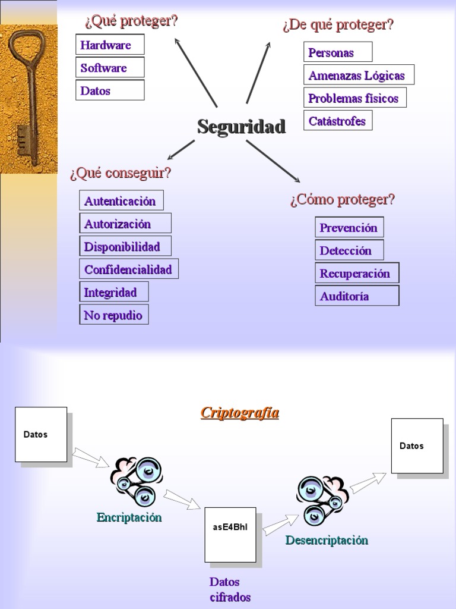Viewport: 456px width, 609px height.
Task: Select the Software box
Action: pyautogui.click(x=110, y=68)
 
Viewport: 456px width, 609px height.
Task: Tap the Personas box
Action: pyautogui.click(x=337, y=52)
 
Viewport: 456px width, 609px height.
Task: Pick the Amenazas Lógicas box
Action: pyautogui.click(x=358, y=75)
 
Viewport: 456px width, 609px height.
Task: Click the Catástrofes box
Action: pyautogui.click(x=338, y=121)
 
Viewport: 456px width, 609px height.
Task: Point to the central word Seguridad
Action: pyautogui.click(x=241, y=126)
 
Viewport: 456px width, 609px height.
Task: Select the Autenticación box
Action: pyautogui.click(x=121, y=200)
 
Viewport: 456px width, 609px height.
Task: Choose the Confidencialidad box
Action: pyautogui.click(x=129, y=269)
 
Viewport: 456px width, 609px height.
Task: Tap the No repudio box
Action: pyautogui.click(x=113, y=315)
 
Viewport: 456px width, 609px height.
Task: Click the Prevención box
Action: pyautogui.click(x=349, y=227)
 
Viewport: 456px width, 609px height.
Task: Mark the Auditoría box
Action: pyautogui.click(x=356, y=296)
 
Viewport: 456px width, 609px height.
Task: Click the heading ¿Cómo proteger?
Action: pyautogui.click(x=343, y=200)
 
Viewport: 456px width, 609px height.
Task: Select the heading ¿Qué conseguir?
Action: pyautogui.click(x=121, y=173)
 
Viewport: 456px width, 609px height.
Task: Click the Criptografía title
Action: pyautogui.click(x=240, y=413)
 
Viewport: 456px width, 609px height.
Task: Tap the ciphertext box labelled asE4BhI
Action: pyautogui.click(x=230, y=533)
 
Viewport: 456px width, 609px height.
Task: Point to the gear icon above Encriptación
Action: pyautogui.click(x=135, y=481)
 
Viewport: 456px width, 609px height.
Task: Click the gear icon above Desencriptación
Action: pyautogui.click(x=321, y=499)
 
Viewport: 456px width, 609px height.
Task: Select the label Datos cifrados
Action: pyautogui.click(x=229, y=589)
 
